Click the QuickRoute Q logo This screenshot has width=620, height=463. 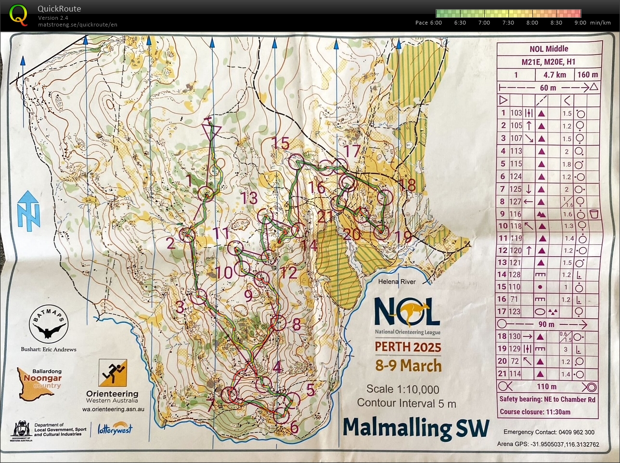(18, 14)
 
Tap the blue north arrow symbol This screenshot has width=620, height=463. (28, 210)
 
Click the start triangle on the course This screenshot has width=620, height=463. (211, 131)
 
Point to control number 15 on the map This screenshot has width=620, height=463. (281, 144)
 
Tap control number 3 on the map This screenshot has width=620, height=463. (180, 307)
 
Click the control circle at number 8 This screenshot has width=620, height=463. (278, 323)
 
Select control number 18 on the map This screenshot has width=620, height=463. (407, 185)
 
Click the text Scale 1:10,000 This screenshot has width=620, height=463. (402, 389)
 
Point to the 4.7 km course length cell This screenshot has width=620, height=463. (555, 75)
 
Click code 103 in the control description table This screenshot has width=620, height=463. (516, 113)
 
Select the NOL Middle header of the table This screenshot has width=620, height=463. (549, 49)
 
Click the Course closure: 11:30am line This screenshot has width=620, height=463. (535, 412)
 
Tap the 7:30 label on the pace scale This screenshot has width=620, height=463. (508, 23)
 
